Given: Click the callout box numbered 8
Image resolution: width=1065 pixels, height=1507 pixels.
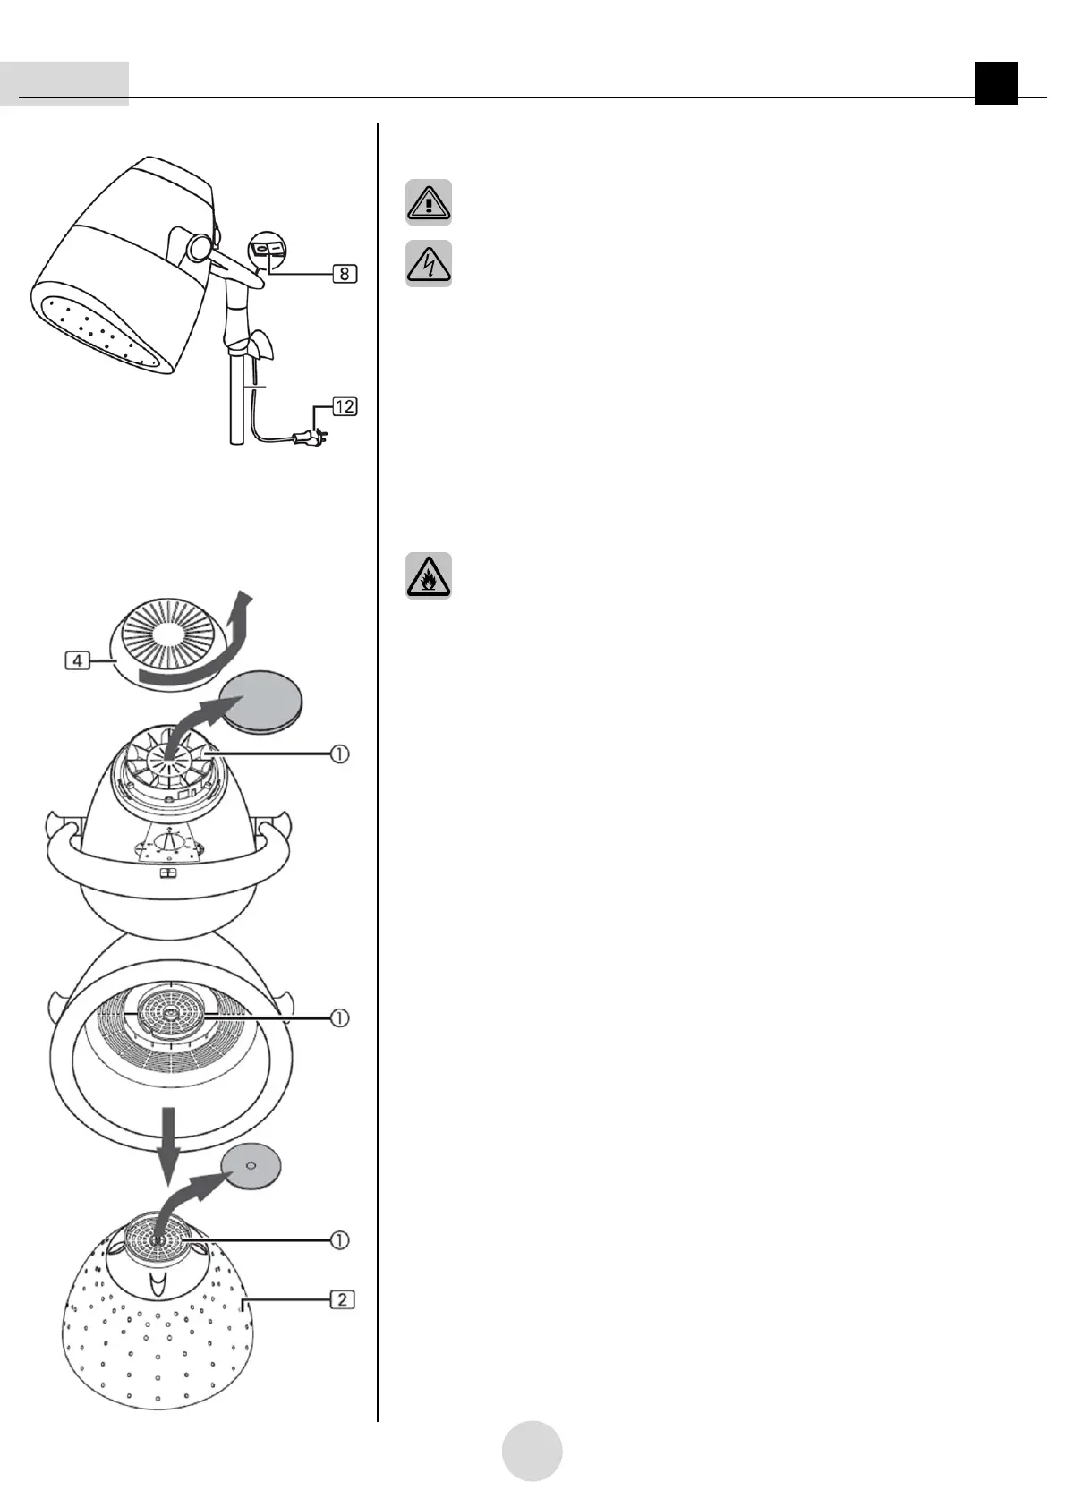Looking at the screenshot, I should click(x=345, y=274).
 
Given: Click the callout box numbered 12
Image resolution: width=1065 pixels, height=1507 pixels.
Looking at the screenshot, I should click(x=345, y=406).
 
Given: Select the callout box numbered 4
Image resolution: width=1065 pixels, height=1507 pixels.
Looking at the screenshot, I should click(x=79, y=661).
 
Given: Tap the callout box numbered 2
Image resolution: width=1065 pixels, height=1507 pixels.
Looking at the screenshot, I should click(x=343, y=1298).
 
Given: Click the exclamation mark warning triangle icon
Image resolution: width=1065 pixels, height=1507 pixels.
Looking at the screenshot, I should click(x=429, y=202).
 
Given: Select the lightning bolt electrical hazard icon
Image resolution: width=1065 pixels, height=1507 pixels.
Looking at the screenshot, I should click(x=429, y=263).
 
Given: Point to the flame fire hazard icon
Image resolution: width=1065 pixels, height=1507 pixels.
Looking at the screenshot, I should click(x=429, y=575).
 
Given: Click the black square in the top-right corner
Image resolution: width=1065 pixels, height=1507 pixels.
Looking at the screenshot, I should click(x=996, y=83).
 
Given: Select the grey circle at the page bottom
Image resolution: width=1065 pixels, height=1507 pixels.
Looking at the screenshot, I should click(x=532, y=1450).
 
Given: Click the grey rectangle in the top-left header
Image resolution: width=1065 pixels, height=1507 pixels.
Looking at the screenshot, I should click(x=64, y=83).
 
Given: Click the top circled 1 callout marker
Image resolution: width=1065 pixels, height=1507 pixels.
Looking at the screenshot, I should click(x=340, y=755).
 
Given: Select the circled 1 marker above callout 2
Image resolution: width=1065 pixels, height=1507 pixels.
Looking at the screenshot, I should click(x=340, y=1240).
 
